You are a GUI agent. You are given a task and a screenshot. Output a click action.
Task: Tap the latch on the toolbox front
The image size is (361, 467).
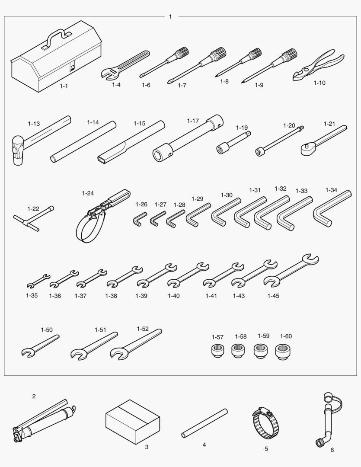(x=72, y=67)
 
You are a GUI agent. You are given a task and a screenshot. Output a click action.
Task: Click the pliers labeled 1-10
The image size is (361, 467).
(x=318, y=64)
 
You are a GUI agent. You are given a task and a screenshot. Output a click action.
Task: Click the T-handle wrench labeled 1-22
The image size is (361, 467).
(x=34, y=218)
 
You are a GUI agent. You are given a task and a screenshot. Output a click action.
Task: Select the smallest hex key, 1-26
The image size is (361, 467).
(x=139, y=219)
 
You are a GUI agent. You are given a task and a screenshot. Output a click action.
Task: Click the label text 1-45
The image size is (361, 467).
(x=273, y=296)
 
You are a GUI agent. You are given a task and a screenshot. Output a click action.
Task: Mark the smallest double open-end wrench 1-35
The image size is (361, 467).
(x=38, y=281)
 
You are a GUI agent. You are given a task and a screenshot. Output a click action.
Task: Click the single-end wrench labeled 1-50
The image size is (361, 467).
(x=40, y=345)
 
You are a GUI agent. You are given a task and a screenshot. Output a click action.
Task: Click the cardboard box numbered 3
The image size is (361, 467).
(x=133, y=422)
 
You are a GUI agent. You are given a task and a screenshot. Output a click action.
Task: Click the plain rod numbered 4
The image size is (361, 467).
(x=204, y=423)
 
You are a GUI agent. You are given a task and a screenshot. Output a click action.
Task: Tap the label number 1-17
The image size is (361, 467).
(x=193, y=121)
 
